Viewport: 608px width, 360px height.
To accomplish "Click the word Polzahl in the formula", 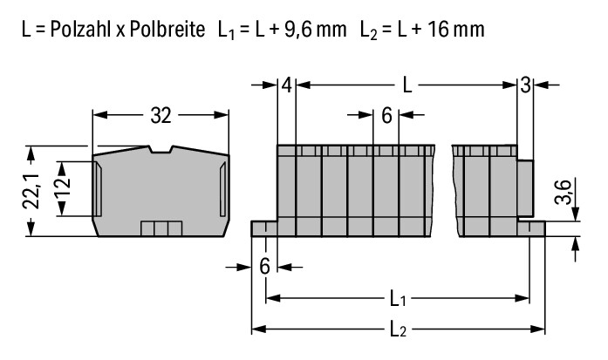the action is pyautogui.click(x=80, y=29).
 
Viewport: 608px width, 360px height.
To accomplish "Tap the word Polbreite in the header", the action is pyautogui.click(x=167, y=29).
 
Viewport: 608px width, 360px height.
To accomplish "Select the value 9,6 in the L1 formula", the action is pyautogui.click(x=298, y=30).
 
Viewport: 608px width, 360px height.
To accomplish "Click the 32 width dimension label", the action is pyautogui.click(x=161, y=115).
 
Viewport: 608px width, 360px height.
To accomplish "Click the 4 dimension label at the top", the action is pyautogui.click(x=286, y=85).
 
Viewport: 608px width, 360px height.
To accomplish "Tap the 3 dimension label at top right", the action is pyautogui.click(x=525, y=85).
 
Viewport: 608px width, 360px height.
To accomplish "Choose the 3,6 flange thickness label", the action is pyautogui.click(x=563, y=192).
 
